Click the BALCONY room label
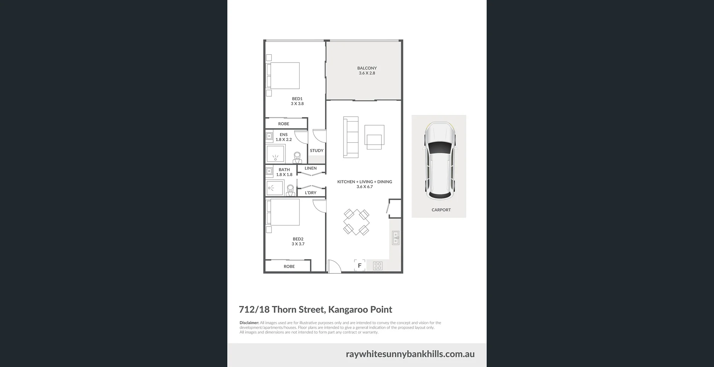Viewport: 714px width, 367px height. pyautogui.click(x=367, y=68)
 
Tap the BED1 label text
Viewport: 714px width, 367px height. pyautogui.click(x=297, y=99)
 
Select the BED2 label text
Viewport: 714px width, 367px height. pyautogui.click(x=298, y=239)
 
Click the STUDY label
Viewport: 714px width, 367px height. pyautogui.click(x=316, y=151)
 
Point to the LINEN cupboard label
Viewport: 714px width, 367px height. pyautogui.click(x=311, y=168)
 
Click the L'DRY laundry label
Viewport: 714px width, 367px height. pyautogui.click(x=311, y=193)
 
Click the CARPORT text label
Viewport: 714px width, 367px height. pyautogui.click(x=441, y=210)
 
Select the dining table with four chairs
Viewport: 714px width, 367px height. pyautogui.click(x=356, y=222)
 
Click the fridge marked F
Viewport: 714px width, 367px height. pyautogui.click(x=360, y=265)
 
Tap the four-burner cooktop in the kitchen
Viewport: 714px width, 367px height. pyautogui.click(x=378, y=265)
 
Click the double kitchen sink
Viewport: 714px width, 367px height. pyautogui.click(x=396, y=238)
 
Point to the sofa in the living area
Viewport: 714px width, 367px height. pyautogui.click(x=351, y=137)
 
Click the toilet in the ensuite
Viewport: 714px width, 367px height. pyautogui.click(x=297, y=158)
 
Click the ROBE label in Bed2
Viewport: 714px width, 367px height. pyautogui.click(x=289, y=266)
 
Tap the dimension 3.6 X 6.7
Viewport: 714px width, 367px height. pyautogui.click(x=364, y=187)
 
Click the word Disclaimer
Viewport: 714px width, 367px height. pyautogui.click(x=249, y=323)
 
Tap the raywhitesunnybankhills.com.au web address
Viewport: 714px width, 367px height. pyautogui.click(x=410, y=354)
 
